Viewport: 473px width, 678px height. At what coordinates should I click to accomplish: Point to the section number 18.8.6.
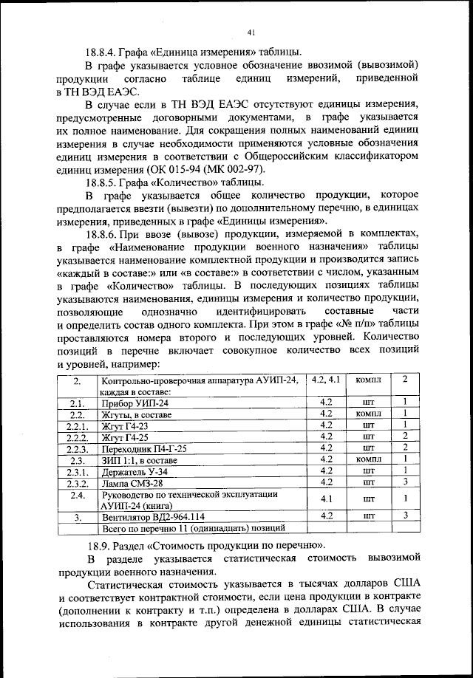coord(103,230)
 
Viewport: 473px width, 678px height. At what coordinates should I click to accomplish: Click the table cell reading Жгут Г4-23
coord(129,425)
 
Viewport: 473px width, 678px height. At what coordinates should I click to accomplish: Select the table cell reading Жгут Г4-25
coord(129,436)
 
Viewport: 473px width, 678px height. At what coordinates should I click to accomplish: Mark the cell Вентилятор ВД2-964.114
coord(152,517)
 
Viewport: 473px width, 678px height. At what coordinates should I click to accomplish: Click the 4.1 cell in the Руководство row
coord(325,499)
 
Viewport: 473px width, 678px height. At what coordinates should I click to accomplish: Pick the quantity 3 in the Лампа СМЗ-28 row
coord(406,482)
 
